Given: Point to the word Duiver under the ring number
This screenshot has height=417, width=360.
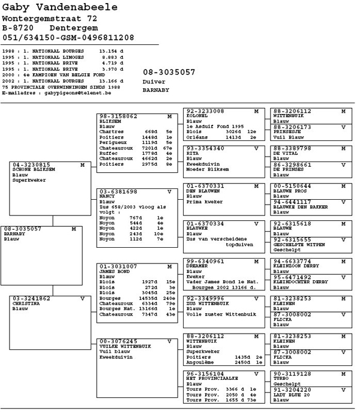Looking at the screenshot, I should [x=154, y=81].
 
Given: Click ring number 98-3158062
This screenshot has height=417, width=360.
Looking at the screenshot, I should [x=118, y=116].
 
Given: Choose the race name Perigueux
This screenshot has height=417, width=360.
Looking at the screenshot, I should [x=113, y=142].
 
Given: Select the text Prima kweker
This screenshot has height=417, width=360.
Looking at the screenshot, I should [x=205, y=202].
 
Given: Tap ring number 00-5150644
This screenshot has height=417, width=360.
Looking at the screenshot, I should [x=293, y=186].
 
